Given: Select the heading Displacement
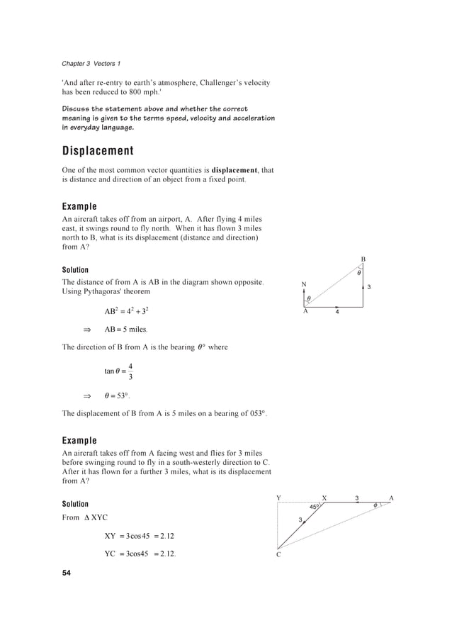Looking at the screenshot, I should coord(97,151).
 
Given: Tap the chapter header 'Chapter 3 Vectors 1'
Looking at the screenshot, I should coord(89,64).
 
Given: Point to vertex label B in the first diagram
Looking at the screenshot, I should coord(363,260).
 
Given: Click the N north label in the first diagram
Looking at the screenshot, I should coord(303,285).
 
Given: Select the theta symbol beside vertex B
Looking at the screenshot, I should coord(358,272).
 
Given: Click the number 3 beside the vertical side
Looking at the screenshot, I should coord(368,287).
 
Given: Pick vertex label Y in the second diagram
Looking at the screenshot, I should coord(278,498).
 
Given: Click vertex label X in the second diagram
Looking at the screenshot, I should coord(324,498).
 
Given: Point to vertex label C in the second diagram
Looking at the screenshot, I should coord(278,556).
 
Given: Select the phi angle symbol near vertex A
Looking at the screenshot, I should coord(375,505).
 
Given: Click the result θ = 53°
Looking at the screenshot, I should coord(118,395).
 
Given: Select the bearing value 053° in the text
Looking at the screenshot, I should coord(256,413).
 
